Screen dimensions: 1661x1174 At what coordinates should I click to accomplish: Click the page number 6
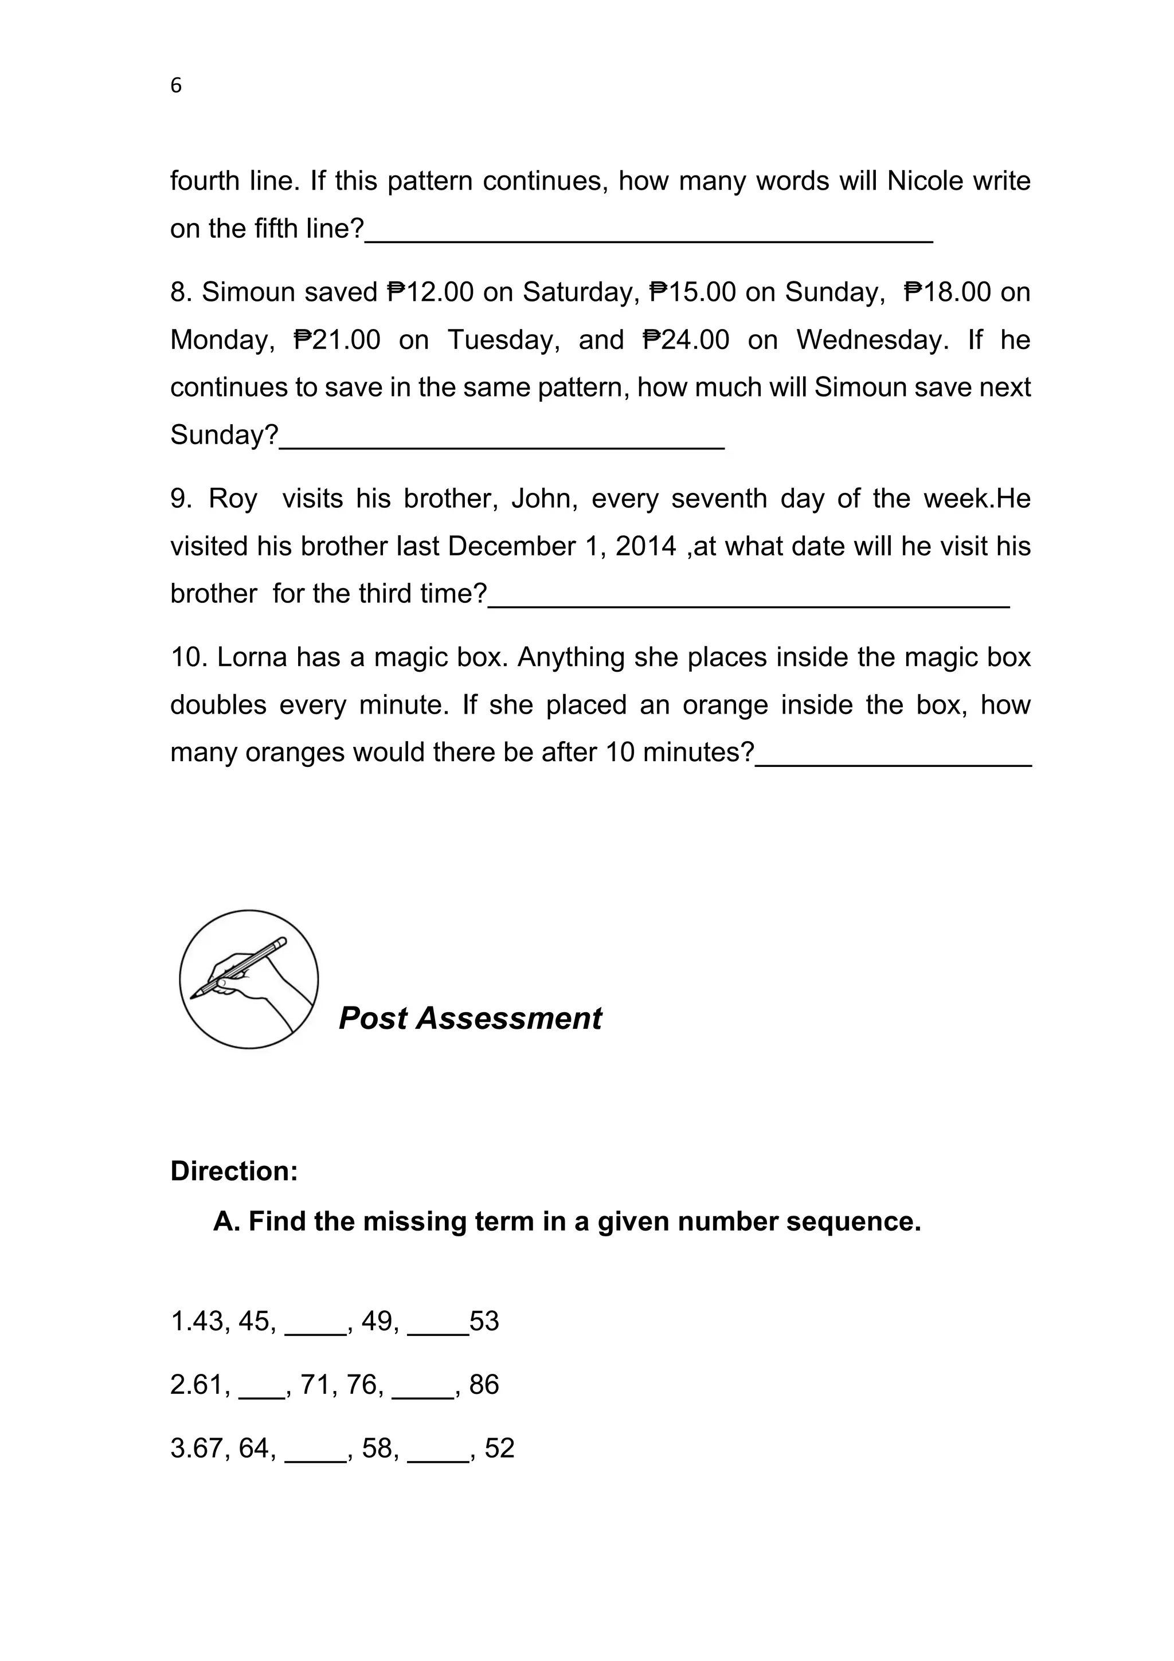point(176,86)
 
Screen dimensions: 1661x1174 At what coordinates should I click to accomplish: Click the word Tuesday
point(503,340)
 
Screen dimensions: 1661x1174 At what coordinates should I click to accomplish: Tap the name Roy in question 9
point(232,499)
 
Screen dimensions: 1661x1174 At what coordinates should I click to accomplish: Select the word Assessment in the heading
point(508,1018)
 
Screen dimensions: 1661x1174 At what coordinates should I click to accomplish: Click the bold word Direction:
point(234,1171)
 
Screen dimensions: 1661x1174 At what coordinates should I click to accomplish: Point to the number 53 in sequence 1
point(484,1322)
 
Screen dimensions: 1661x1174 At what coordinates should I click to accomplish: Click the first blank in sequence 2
point(261,1393)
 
